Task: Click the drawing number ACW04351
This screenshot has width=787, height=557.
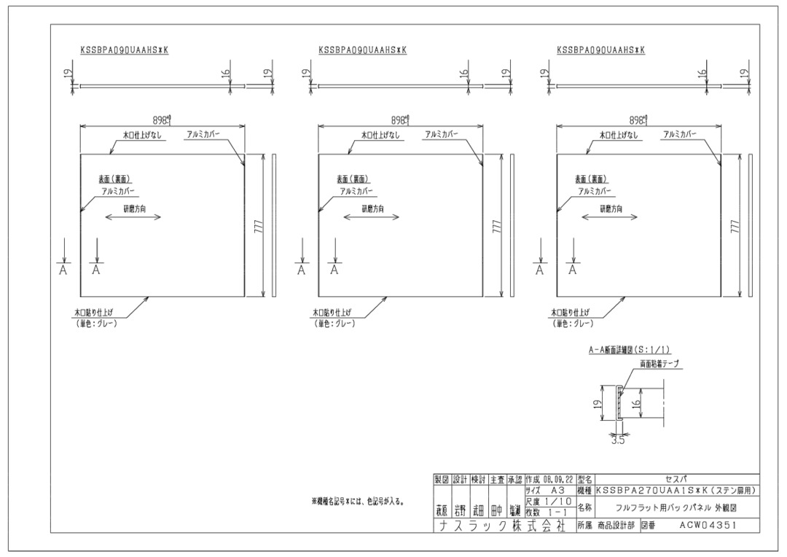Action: [x=707, y=523]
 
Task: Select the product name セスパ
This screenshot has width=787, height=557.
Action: [x=677, y=479]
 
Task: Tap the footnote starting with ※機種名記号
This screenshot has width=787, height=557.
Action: [x=358, y=502]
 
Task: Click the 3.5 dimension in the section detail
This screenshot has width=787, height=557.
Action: [x=617, y=440]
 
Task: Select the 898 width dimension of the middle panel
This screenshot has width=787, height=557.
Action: [x=399, y=120]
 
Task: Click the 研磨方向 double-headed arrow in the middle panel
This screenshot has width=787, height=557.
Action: [x=372, y=217]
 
